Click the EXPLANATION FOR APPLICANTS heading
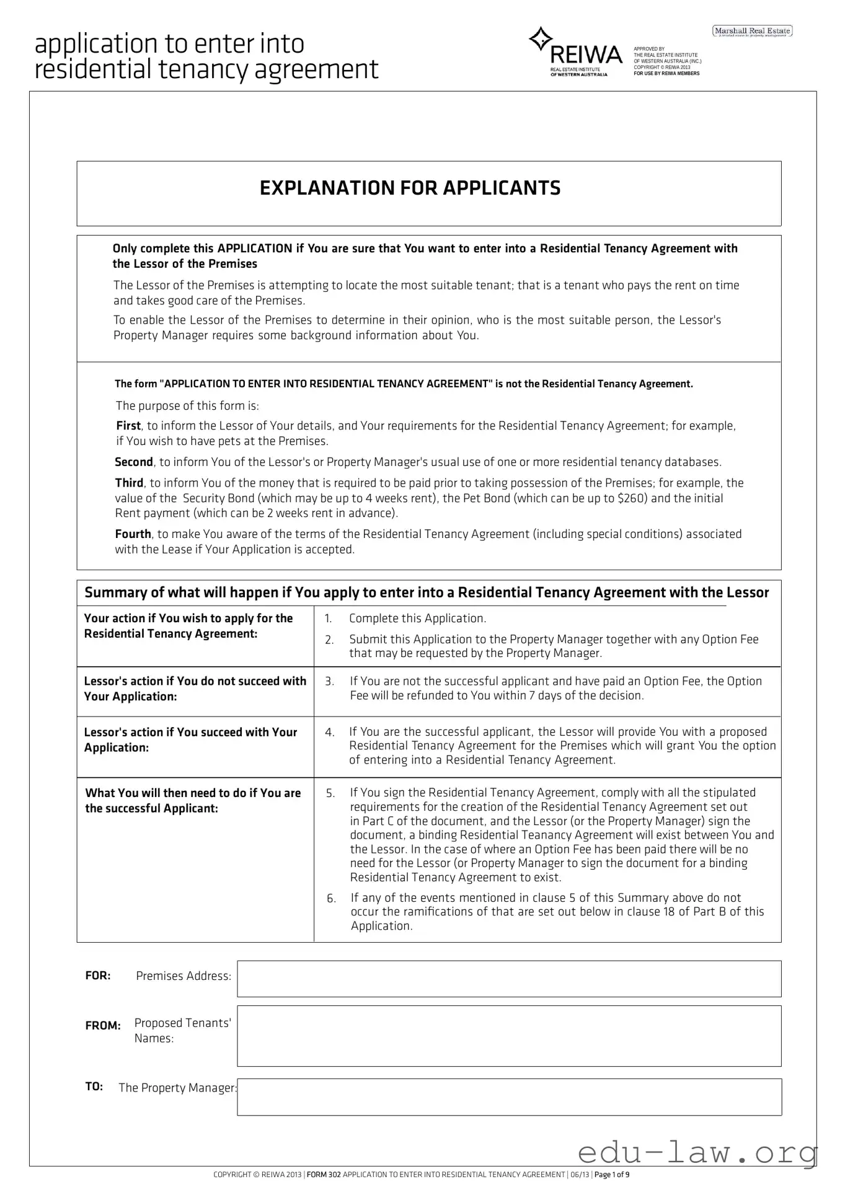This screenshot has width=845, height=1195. [x=410, y=188]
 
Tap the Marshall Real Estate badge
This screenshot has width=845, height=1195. [x=752, y=31]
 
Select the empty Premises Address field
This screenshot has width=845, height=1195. [x=508, y=979]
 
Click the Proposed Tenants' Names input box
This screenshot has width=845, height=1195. [x=508, y=1036]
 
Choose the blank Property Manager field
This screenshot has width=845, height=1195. [x=508, y=1096]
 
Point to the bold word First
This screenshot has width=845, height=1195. [x=128, y=426]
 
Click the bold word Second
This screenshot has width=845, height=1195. [x=134, y=462]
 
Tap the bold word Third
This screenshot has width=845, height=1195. [x=129, y=483]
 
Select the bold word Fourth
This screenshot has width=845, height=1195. [x=133, y=534]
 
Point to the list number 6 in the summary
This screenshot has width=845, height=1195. [x=331, y=899]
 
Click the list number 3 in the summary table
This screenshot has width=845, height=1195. [x=329, y=682]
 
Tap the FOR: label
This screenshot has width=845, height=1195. [x=98, y=976]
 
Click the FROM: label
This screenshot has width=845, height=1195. [x=103, y=1026]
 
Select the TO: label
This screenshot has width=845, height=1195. [x=94, y=1087]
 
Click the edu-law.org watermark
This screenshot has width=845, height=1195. [x=697, y=1153]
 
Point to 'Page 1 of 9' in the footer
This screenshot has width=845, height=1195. [x=612, y=1175]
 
